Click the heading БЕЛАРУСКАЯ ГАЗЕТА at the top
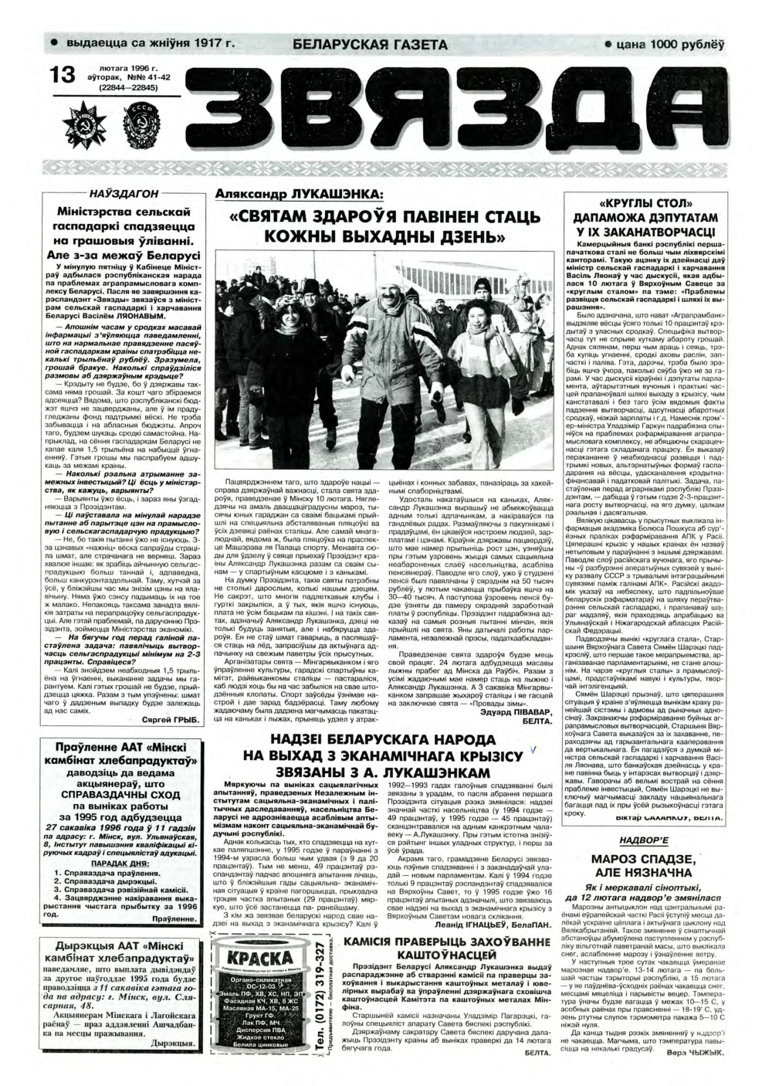pos(370,44)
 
